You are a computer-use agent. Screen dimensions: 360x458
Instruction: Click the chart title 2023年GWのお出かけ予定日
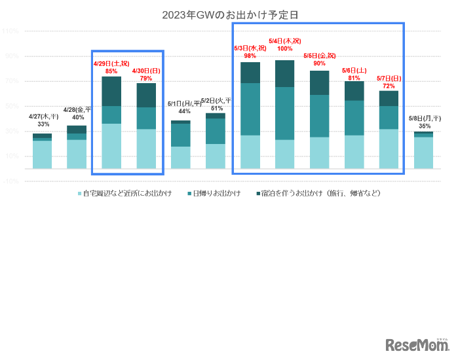(x=226, y=14)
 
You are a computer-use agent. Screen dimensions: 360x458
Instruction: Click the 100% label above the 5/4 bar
(x=285, y=48)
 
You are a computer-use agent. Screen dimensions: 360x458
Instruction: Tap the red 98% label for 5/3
(x=250, y=56)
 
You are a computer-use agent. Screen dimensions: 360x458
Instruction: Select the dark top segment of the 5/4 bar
(x=285, y=73)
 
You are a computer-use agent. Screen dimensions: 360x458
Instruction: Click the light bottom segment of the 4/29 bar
(x=111, y=146)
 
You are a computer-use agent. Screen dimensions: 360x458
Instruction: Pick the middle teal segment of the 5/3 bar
(x=250, y=109)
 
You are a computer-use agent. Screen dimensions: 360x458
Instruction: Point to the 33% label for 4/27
(x=43, y=124)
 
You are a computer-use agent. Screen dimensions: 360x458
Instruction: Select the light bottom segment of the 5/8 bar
(x=424, y=153)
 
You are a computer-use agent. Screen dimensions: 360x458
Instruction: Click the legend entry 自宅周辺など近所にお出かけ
(x=124, y=194)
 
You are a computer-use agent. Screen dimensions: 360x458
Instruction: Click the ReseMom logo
(x=416, y=344)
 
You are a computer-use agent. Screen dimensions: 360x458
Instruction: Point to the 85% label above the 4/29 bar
(x=111, y=71)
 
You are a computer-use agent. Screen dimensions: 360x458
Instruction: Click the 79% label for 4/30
(x=146, y=79)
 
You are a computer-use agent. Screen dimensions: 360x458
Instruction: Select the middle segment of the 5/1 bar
(x=181, y=135)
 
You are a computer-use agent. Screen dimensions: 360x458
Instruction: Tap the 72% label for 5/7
(x=389, y=86)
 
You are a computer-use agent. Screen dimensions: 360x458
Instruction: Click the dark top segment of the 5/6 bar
(x=354, y=90)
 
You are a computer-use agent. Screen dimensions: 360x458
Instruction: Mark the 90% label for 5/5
(x=319, y=63)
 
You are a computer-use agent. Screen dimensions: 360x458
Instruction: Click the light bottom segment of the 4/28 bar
(x=77, y=154)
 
